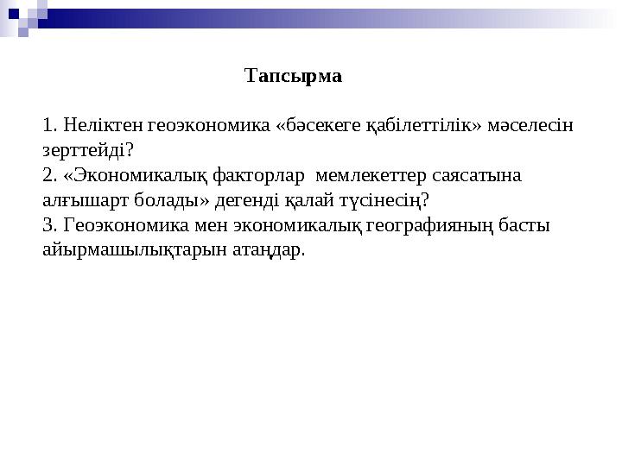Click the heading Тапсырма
click(294, 76)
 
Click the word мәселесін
click(528, 126)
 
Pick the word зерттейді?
click(87, 151)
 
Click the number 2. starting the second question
click(50, 176)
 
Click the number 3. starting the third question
click(50, 226)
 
